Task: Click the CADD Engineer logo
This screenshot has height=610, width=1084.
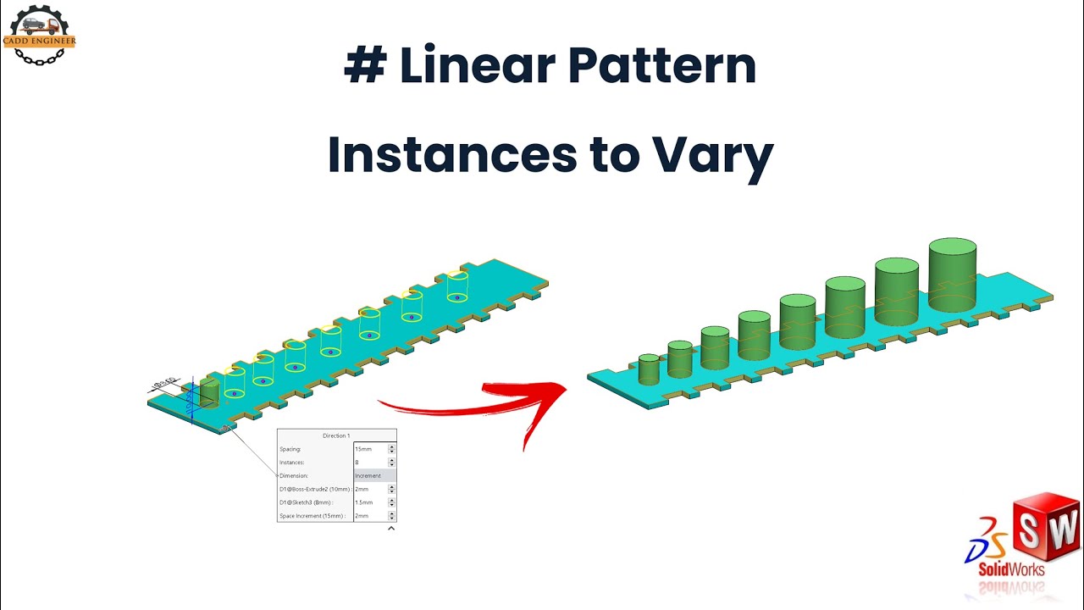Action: coord(40,35)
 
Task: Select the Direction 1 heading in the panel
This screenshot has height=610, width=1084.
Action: coord(335,435)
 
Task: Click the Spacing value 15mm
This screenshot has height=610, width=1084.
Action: coord(363,449)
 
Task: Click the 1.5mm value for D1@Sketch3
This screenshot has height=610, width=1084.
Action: coord(364,502)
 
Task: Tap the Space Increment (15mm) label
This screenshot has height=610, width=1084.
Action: coord(312,516)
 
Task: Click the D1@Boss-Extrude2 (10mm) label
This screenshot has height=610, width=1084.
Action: coord(314,489)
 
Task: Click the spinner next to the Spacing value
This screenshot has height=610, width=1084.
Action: coord(391,449)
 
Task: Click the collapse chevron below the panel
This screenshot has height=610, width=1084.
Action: coord(391,529)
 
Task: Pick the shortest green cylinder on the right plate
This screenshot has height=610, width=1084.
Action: coord(649,369)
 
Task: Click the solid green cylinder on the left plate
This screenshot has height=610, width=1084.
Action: coord(209,393)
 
